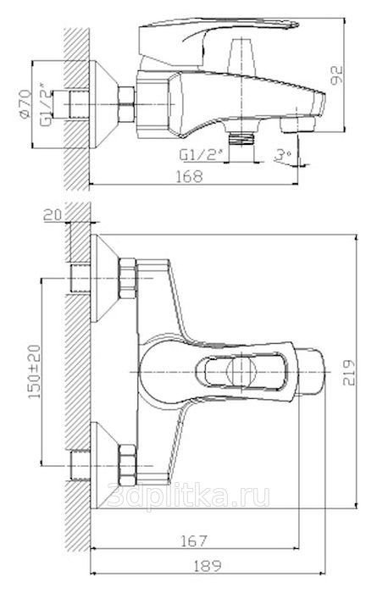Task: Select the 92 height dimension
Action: [336, 75]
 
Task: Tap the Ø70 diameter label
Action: [25, 104]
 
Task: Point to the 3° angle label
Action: [282, 155]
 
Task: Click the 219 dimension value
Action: [349, 372]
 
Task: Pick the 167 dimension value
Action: [193, 540]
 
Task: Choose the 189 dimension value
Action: [208, 566]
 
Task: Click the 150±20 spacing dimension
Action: [35, 371]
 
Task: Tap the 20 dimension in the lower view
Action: [53, 215]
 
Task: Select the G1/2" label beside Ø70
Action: [46, 104]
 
